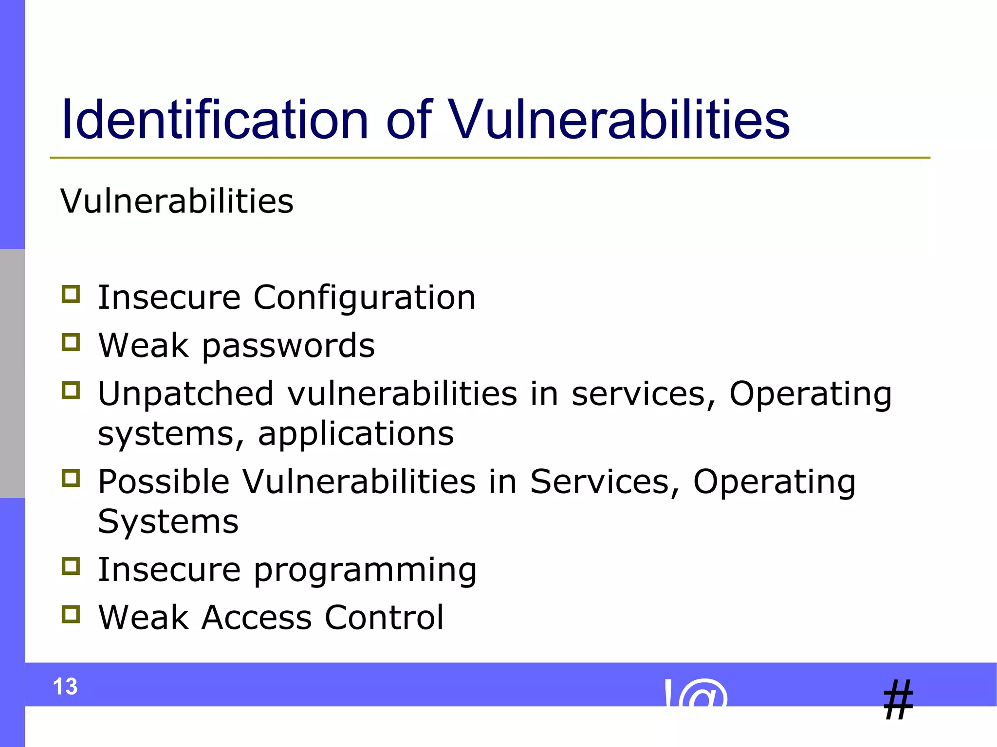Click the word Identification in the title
click(214, 120)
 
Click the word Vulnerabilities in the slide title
click(618, 120)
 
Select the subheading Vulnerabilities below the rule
click(177, 201)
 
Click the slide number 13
click(65, 687)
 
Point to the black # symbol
click(898, 700)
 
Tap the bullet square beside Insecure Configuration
click(71, 294)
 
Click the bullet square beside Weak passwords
click(71, 342)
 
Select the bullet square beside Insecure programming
click(71, 566)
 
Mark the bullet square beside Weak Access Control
click(71, 614)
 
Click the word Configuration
click(364, 298)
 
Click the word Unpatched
click(185, 393)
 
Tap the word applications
click(356, 434)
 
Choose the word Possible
click(164, 481)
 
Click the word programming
click(365, 570)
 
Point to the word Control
click(384, 618)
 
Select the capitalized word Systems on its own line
click(168, 522)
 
